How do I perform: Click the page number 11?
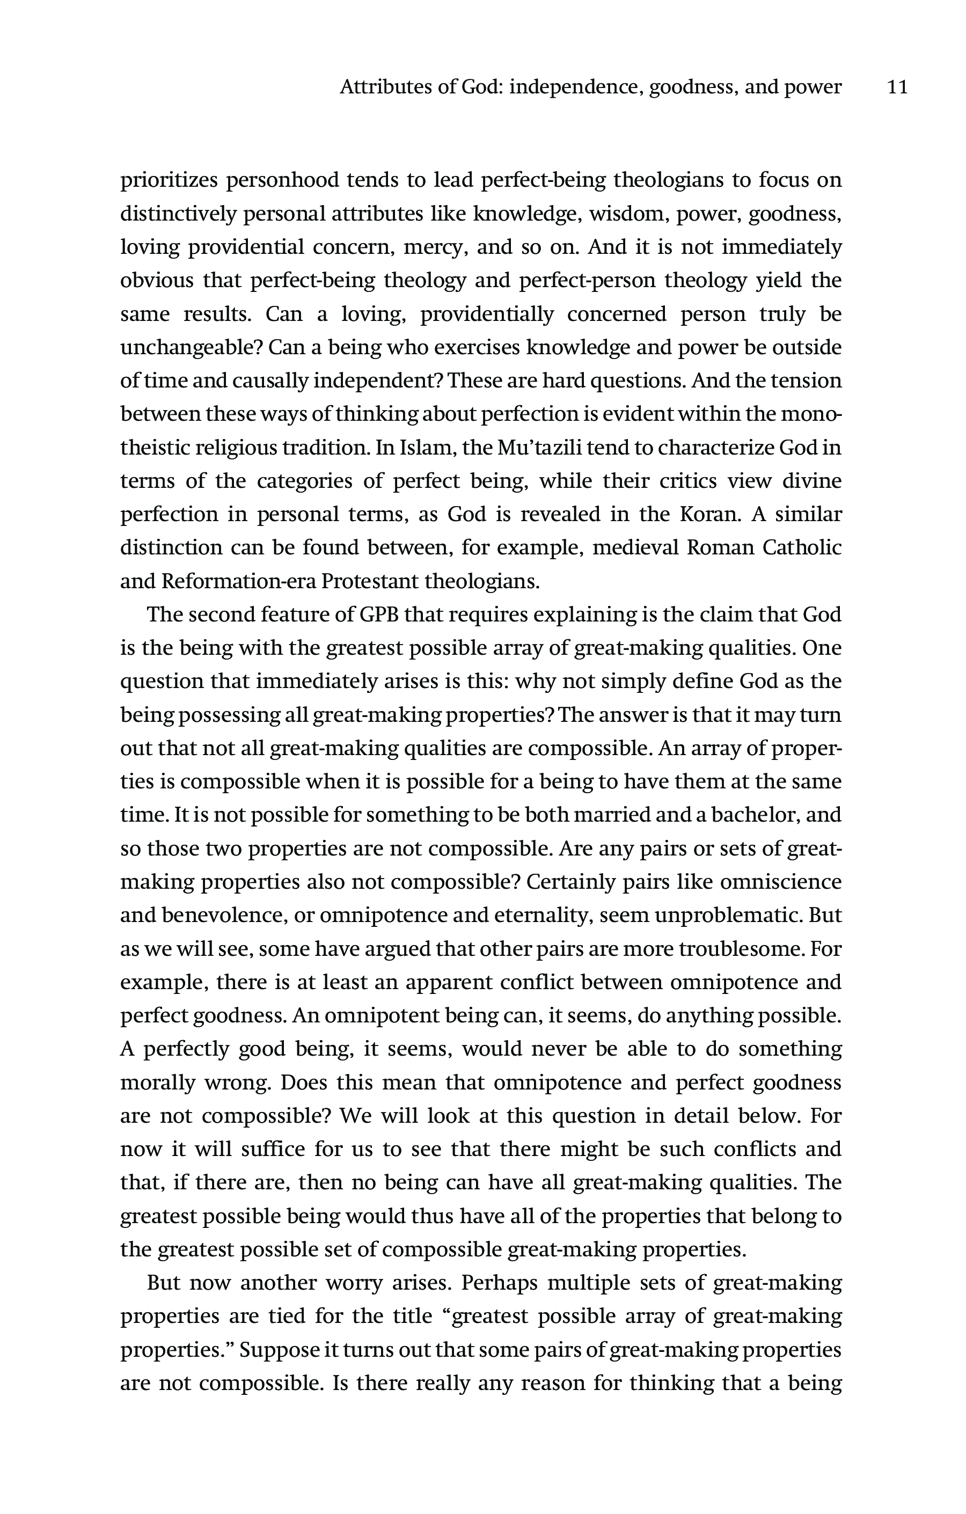click(x=897, y=87)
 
